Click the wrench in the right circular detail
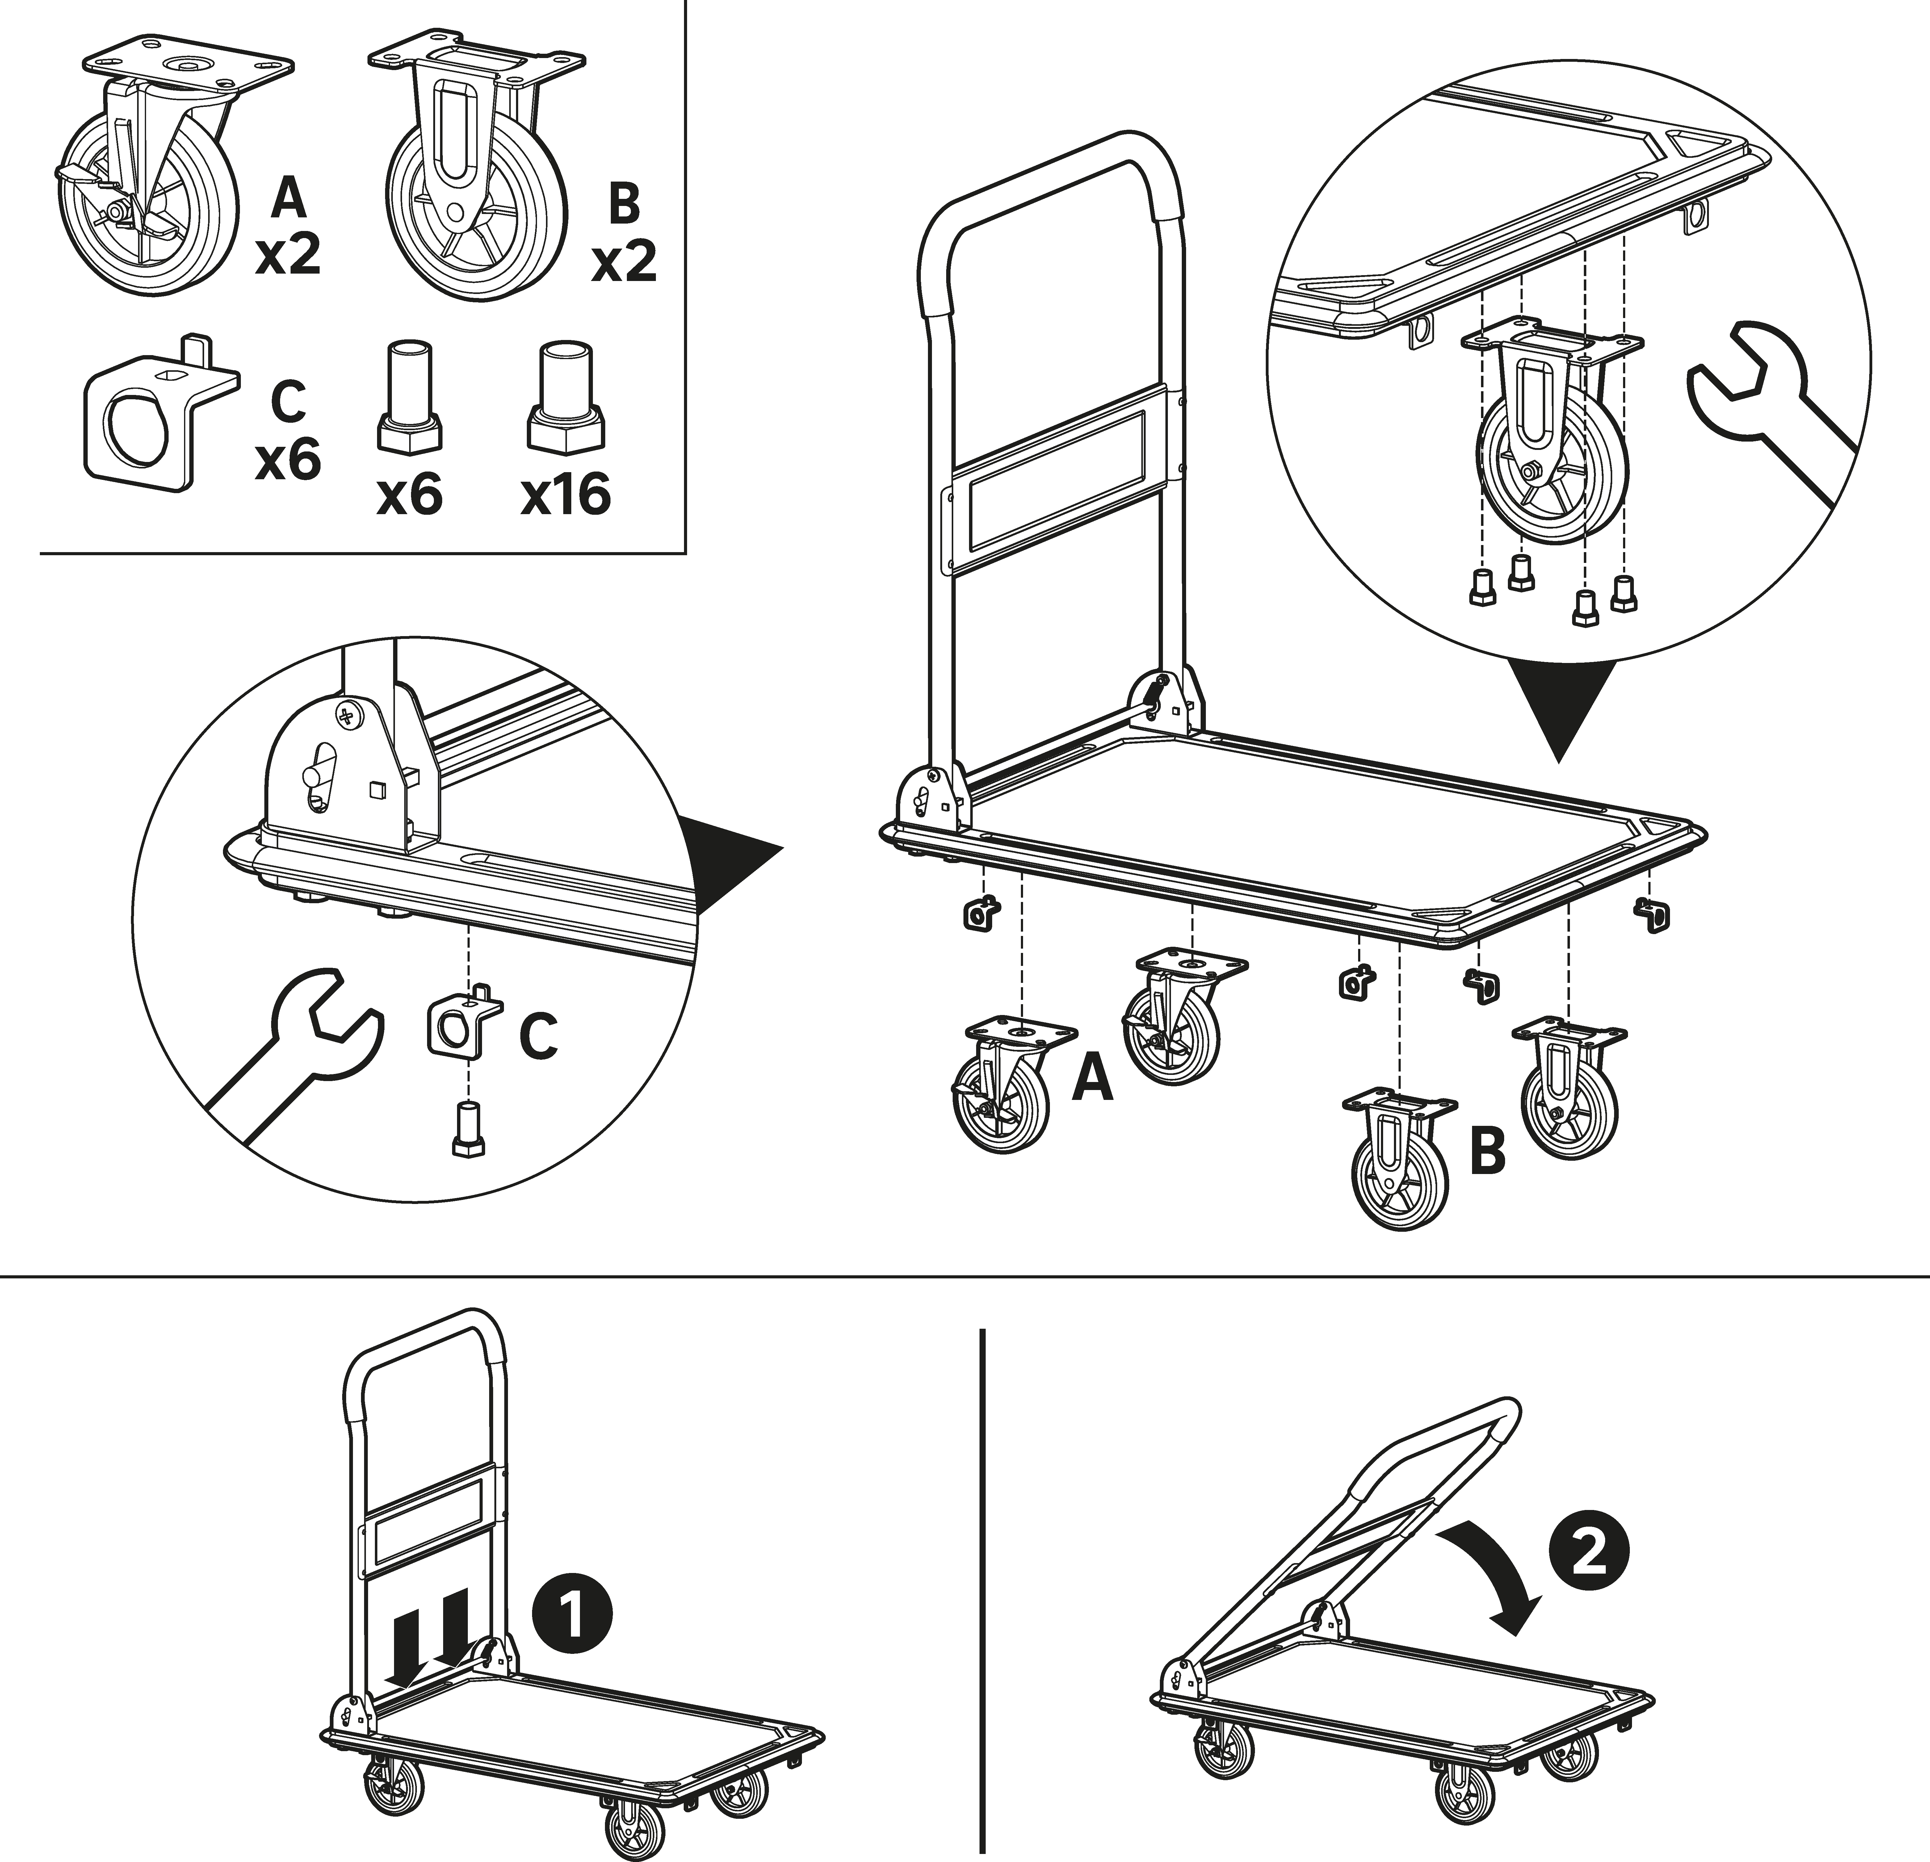(x=1763, y=413)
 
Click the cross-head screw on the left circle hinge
(x=350, y=714)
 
